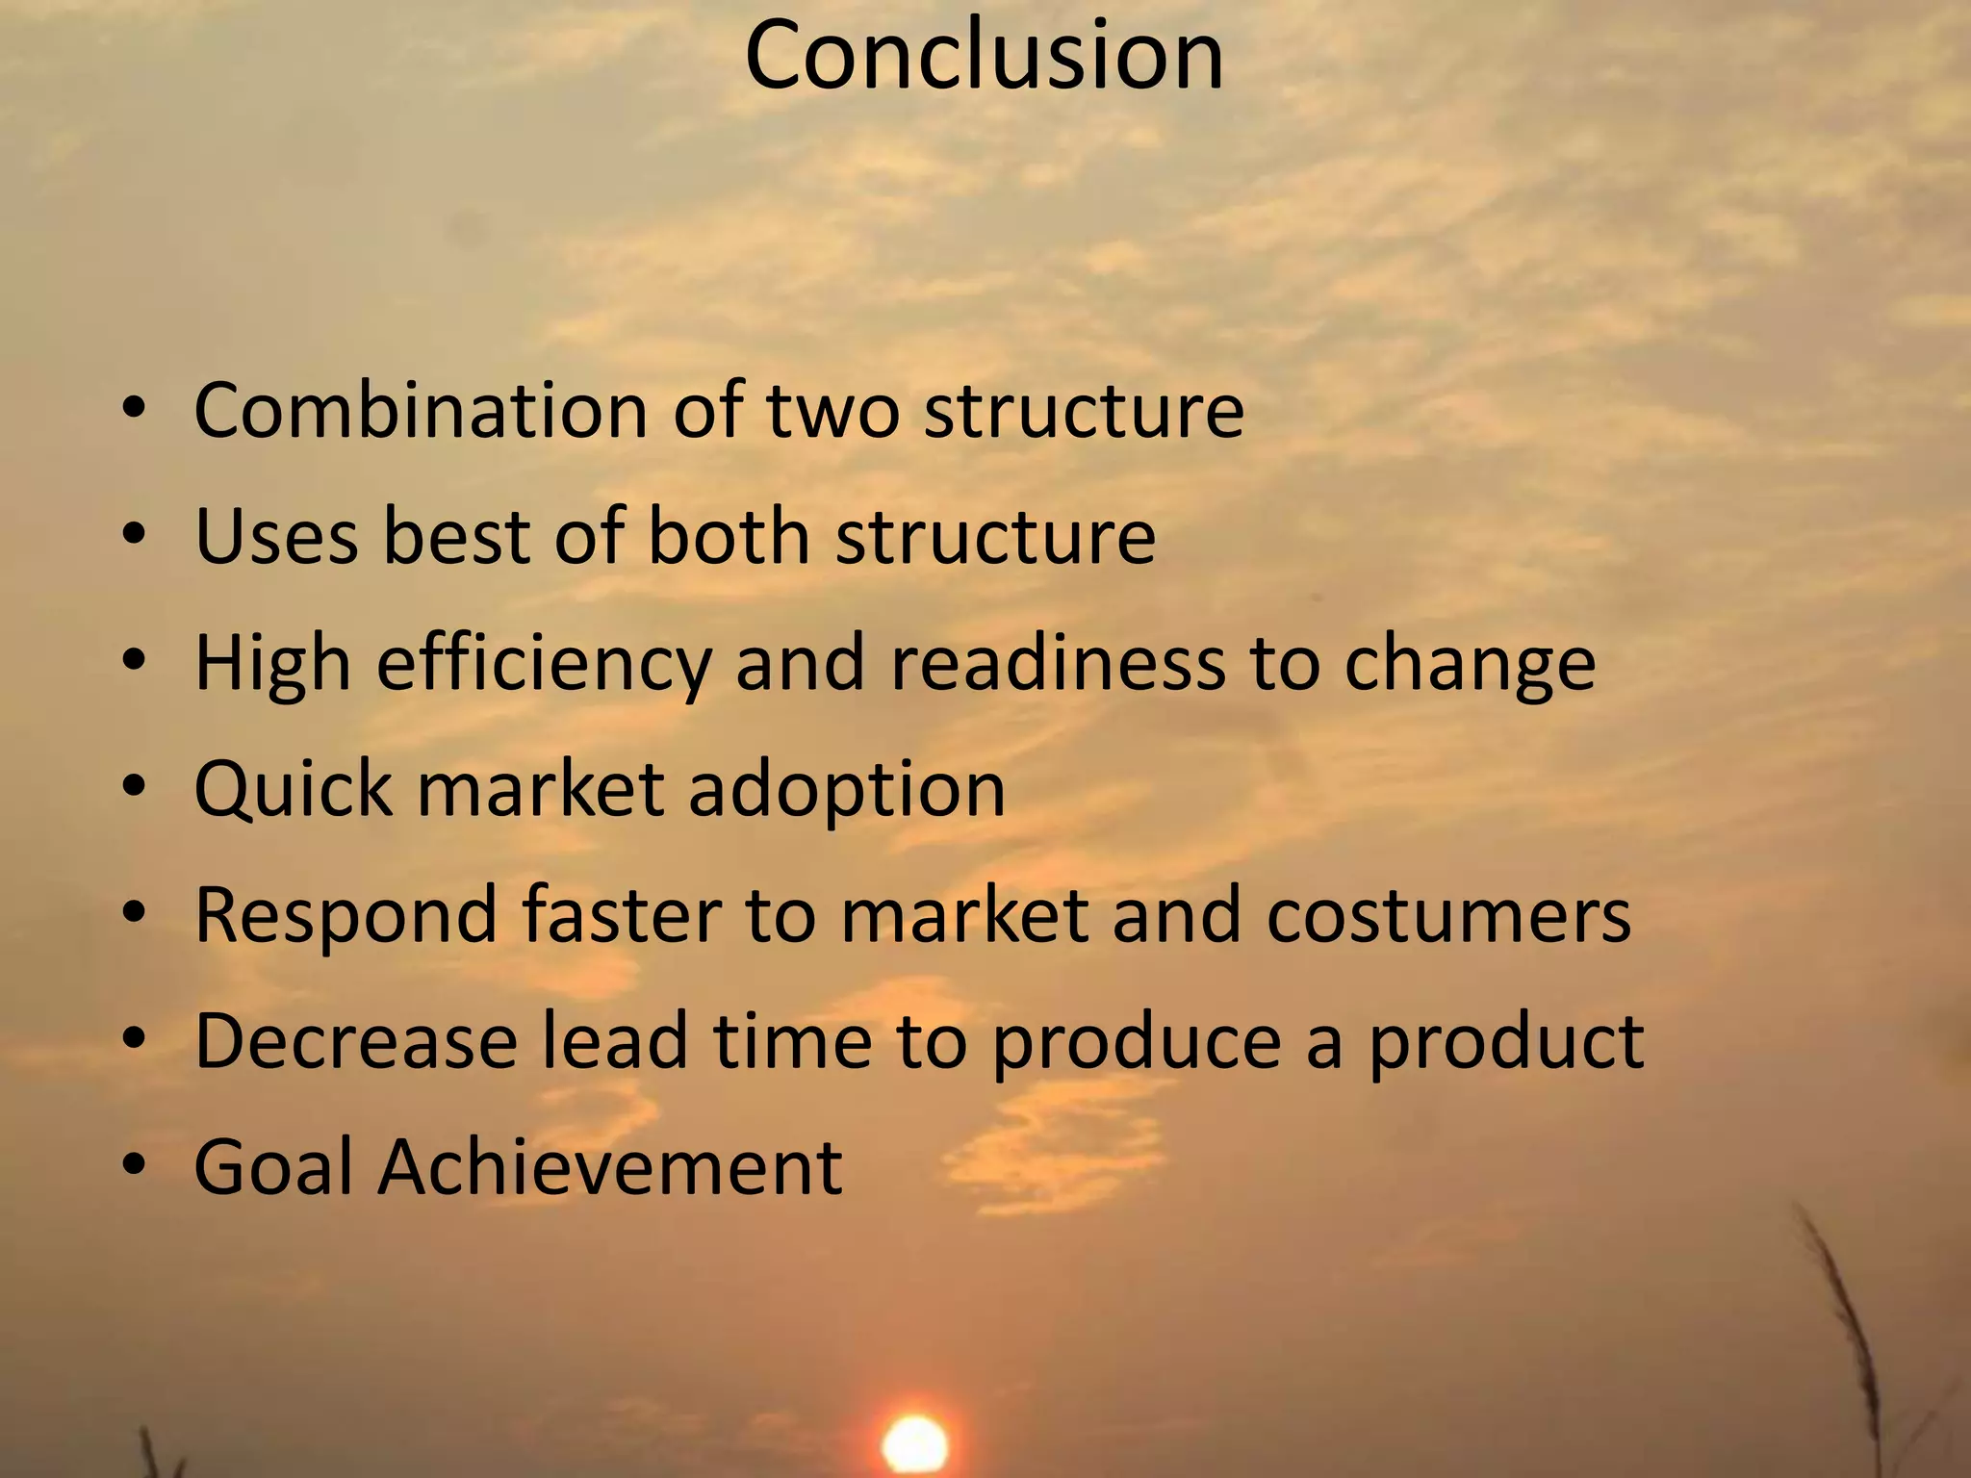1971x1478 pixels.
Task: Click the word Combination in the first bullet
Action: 420,411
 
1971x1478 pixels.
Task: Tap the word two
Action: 833,411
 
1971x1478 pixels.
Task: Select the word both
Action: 729,536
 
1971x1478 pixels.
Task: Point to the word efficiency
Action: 544,664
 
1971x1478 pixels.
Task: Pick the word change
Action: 1470,664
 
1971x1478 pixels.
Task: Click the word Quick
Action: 293,789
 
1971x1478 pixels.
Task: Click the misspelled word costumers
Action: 1448,915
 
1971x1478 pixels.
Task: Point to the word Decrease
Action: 356,1041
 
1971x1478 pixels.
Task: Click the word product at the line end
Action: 1506,1043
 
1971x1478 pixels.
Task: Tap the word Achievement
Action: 610,1167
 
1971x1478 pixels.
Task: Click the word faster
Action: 621,915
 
